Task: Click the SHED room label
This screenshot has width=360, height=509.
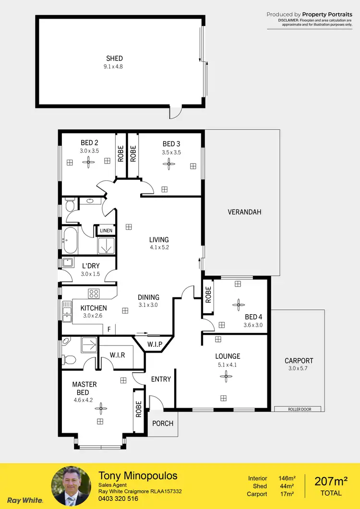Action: coord(114,59)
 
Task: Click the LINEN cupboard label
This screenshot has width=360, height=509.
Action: coord(106,231)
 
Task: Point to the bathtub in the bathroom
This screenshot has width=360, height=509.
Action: coord(70,241)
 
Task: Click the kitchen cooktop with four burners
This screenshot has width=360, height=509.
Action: coord(93,294)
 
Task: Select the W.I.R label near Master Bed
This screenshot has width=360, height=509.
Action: coord(117,355)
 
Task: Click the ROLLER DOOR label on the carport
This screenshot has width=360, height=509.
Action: coord(300,409)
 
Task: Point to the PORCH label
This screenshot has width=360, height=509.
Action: coord(162,424)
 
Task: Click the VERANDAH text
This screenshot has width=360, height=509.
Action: coord(244,212)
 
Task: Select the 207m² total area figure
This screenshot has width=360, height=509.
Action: coord(331,481)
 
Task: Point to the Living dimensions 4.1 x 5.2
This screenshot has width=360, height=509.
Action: coord(159,248)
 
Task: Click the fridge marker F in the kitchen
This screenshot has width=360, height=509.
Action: coord(109,330)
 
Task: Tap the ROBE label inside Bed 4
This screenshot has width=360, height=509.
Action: coord(208,294)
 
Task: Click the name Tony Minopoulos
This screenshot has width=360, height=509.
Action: coord(138,476)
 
